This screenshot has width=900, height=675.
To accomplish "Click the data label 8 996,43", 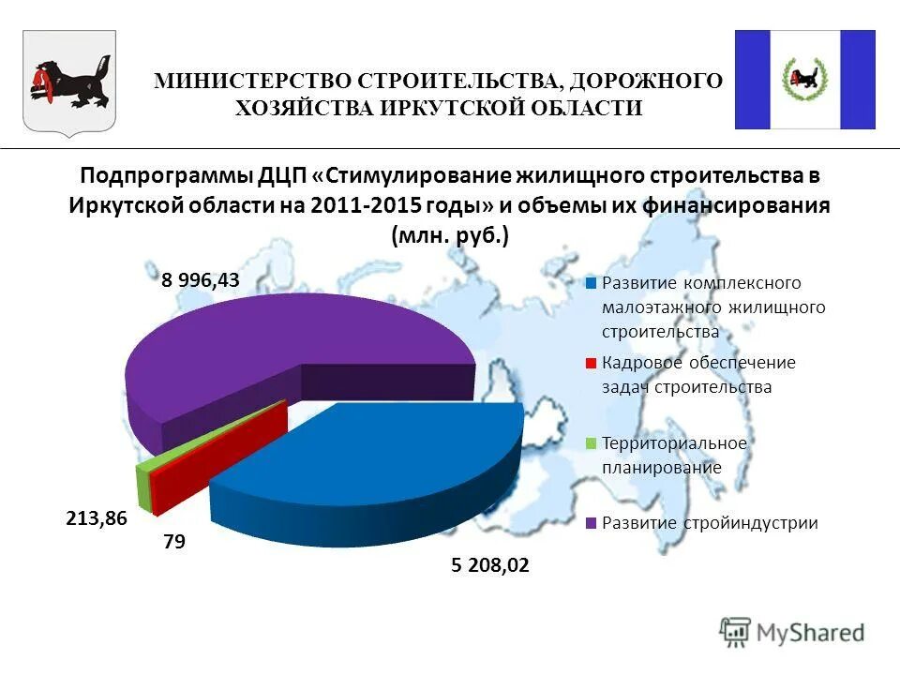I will [200, 280].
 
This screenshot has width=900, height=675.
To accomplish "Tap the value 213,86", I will [96, 517].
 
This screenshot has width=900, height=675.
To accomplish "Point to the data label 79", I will [173, 542].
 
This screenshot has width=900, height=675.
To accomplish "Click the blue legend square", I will [591, 282].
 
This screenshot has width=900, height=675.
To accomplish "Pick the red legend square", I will [591, 363].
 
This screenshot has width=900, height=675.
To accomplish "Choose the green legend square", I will [591, 443].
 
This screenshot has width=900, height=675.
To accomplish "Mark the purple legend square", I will [591, 524].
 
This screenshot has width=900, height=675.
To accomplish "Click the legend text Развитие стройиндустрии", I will [710, 523].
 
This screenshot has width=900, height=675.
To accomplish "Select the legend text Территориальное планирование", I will [674, 455].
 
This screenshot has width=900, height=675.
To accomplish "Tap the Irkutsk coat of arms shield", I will [68, 82].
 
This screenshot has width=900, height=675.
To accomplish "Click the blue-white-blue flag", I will [804, 80].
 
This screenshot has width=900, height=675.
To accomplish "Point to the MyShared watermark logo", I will [792, 633].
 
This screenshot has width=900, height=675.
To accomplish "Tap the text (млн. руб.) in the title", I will [450, 235].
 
